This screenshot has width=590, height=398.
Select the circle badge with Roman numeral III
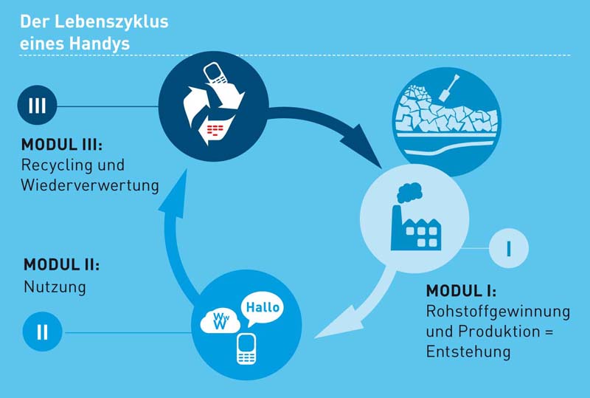(x=37, y=106)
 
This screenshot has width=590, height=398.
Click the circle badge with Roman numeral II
(x=42, y=332)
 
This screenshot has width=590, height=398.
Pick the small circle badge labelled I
(x=509, y=249)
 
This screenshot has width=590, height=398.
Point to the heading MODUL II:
(x=61, y=264)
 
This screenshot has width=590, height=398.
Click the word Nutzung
(x=55, y=287)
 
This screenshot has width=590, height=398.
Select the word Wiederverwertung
(x=90, y=185)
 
